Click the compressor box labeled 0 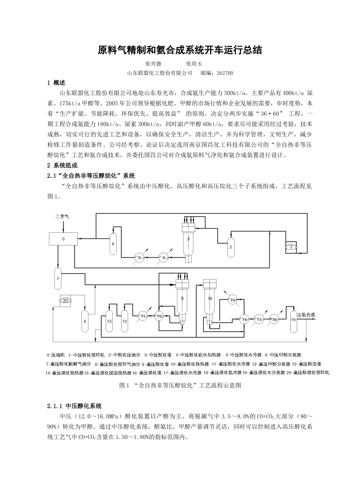point(63,239)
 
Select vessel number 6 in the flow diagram point(113,243)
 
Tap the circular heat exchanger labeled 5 point(139,258)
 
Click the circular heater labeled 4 point(164,258)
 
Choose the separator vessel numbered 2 point(230,246)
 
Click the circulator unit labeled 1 point(291,247)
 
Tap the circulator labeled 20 point(66,301)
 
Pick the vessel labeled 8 point(85,321)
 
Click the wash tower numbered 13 point(109,321)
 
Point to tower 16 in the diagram point(210,298)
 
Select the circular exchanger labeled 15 point(233,300)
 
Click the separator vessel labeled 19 point(293,319)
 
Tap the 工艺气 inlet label point(62,216)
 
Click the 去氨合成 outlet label point(306,315)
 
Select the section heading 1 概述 point(56,83)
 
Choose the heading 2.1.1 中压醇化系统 point(74,406)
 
